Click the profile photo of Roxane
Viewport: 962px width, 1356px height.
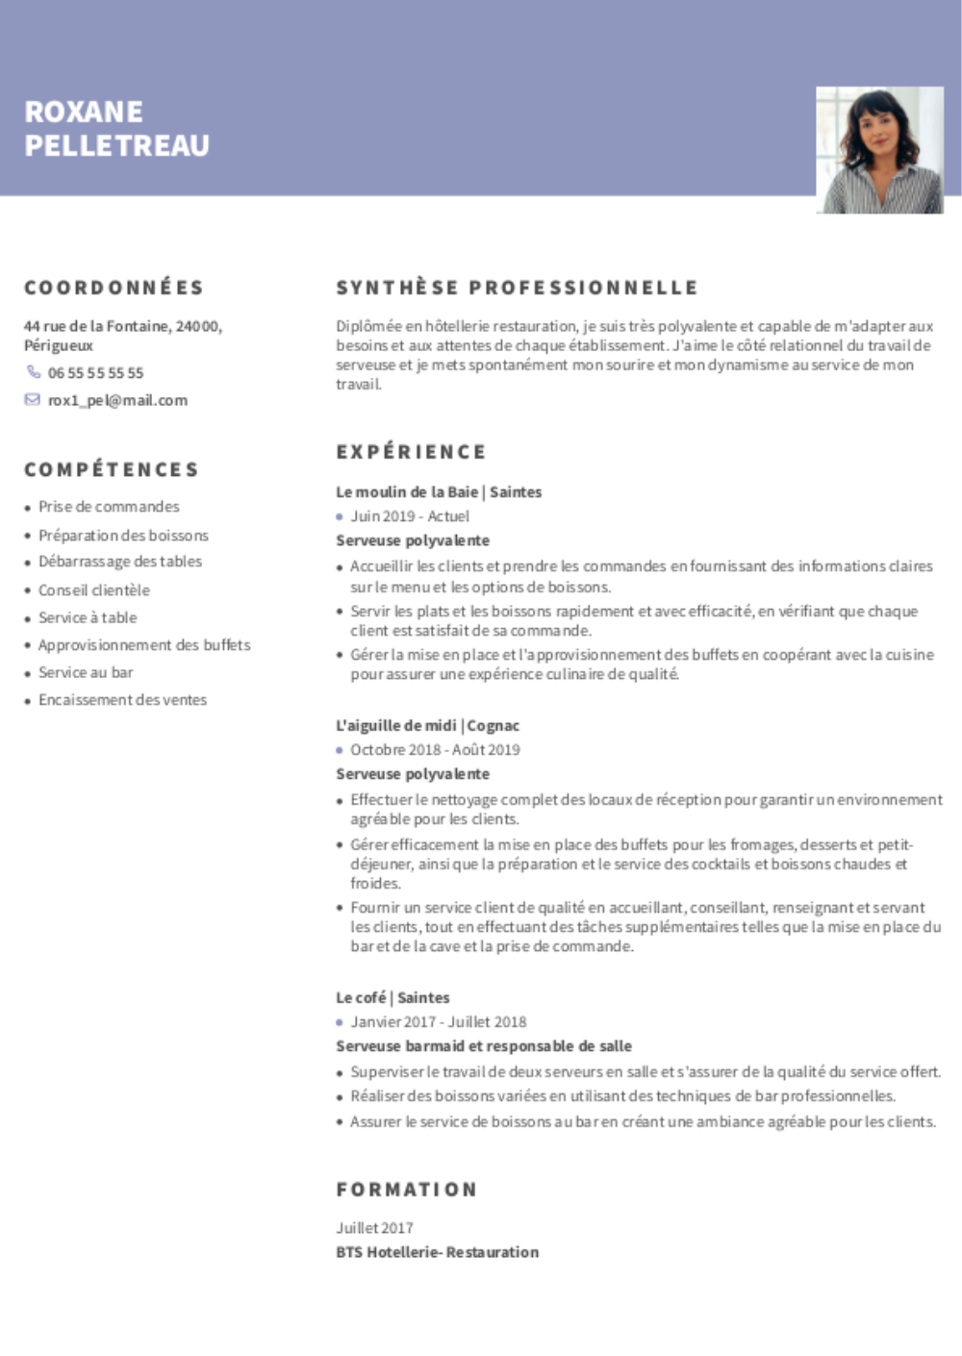pos(879,150)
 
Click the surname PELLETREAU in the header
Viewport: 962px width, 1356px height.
pos(116,146)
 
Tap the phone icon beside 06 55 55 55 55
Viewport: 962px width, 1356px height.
pos(34,372)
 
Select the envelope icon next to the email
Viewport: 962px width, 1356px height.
pos(33,400)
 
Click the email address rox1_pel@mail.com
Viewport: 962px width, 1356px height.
pos(117,400)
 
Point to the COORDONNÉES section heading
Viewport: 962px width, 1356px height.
pos(114,288)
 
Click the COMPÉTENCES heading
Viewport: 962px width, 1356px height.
pos(111,469)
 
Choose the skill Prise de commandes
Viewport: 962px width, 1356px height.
pos(109,507)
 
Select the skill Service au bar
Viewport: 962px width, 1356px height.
pos(86,672)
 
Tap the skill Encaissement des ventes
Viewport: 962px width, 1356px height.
pos(122,700)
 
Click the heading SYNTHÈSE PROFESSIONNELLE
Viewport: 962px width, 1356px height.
pos(517,288)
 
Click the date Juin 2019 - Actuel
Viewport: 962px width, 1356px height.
pos(410,516)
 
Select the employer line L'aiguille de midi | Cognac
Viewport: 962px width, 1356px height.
pos(427,725)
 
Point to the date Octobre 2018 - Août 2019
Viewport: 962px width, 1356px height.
pos(435,749)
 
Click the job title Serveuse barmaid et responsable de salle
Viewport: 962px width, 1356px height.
pos(484,1045)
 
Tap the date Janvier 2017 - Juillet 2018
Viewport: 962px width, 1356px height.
pos(438,1021)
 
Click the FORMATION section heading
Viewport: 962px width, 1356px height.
pos(406,1190)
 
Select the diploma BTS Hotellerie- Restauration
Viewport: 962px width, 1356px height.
pos(437,1252)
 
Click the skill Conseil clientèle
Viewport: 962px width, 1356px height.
pos(94,590)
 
